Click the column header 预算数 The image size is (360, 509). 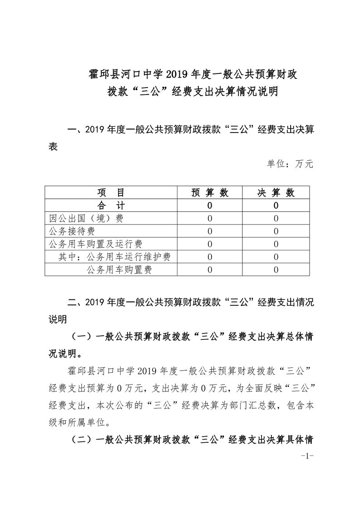pyautogui.click(x=210, y=193)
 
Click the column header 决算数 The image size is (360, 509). pyautogui.click(x=276, y=193)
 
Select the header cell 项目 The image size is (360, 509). pyautogui.click(x=111, y=193)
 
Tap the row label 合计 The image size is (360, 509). pyautogui.click(x=111, y=206)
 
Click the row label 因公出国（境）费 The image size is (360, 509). pyautogui.click(x=86, y=218)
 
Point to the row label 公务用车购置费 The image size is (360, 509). pyautogui.click(x=118, y=270)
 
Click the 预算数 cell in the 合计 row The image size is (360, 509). pyautogui.click(x=210, y=206)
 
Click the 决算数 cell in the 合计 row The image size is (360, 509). pyautogui.click(x=276, y=206)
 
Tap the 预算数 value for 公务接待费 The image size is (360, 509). pyautogui.click(x=210, y=231)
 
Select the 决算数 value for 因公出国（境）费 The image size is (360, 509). pyautogui.click(x=276, y=218)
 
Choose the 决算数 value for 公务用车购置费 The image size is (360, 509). pyautogui.click(x=276, y=270)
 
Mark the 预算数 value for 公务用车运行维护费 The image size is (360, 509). pyautogui.click(x=210, y=257)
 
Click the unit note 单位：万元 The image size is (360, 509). pyautogui.click(x=290, y=164)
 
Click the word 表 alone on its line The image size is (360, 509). pyautogui.click(x=53, y=147)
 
